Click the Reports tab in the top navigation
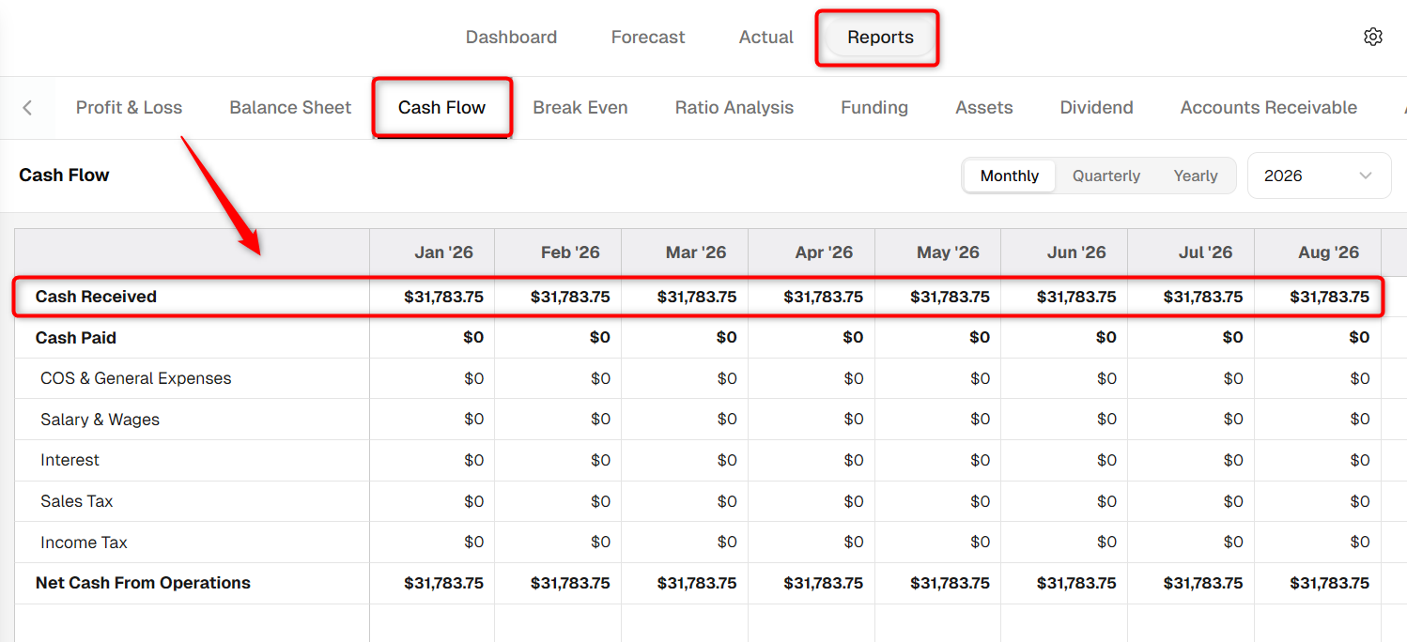(x=880, y=37)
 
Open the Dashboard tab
(x=511, y=37)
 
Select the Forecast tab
(x=647, y=37)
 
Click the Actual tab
(x=765, y=37)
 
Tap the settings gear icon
(x=1373, y=37)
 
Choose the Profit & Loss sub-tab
(x=129, y=107)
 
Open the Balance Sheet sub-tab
(x=290, y=107)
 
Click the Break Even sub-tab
(x=580, y=107)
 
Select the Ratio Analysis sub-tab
(x=734, y=107)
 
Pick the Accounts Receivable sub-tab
(x=1269, y=107)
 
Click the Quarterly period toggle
(x=1106, y=176)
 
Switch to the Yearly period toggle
(x=1196, y=176)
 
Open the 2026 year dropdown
(x=1319, y=176)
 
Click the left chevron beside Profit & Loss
(x=27, y=107)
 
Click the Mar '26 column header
(x=696, y=252)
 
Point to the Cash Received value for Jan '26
(x=443, y=297)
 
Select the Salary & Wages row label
(x=100, y=420)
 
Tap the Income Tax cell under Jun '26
(x=1106, y=542)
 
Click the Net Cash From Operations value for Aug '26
(x=1329, y=583)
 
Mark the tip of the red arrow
(x=259, y=254)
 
